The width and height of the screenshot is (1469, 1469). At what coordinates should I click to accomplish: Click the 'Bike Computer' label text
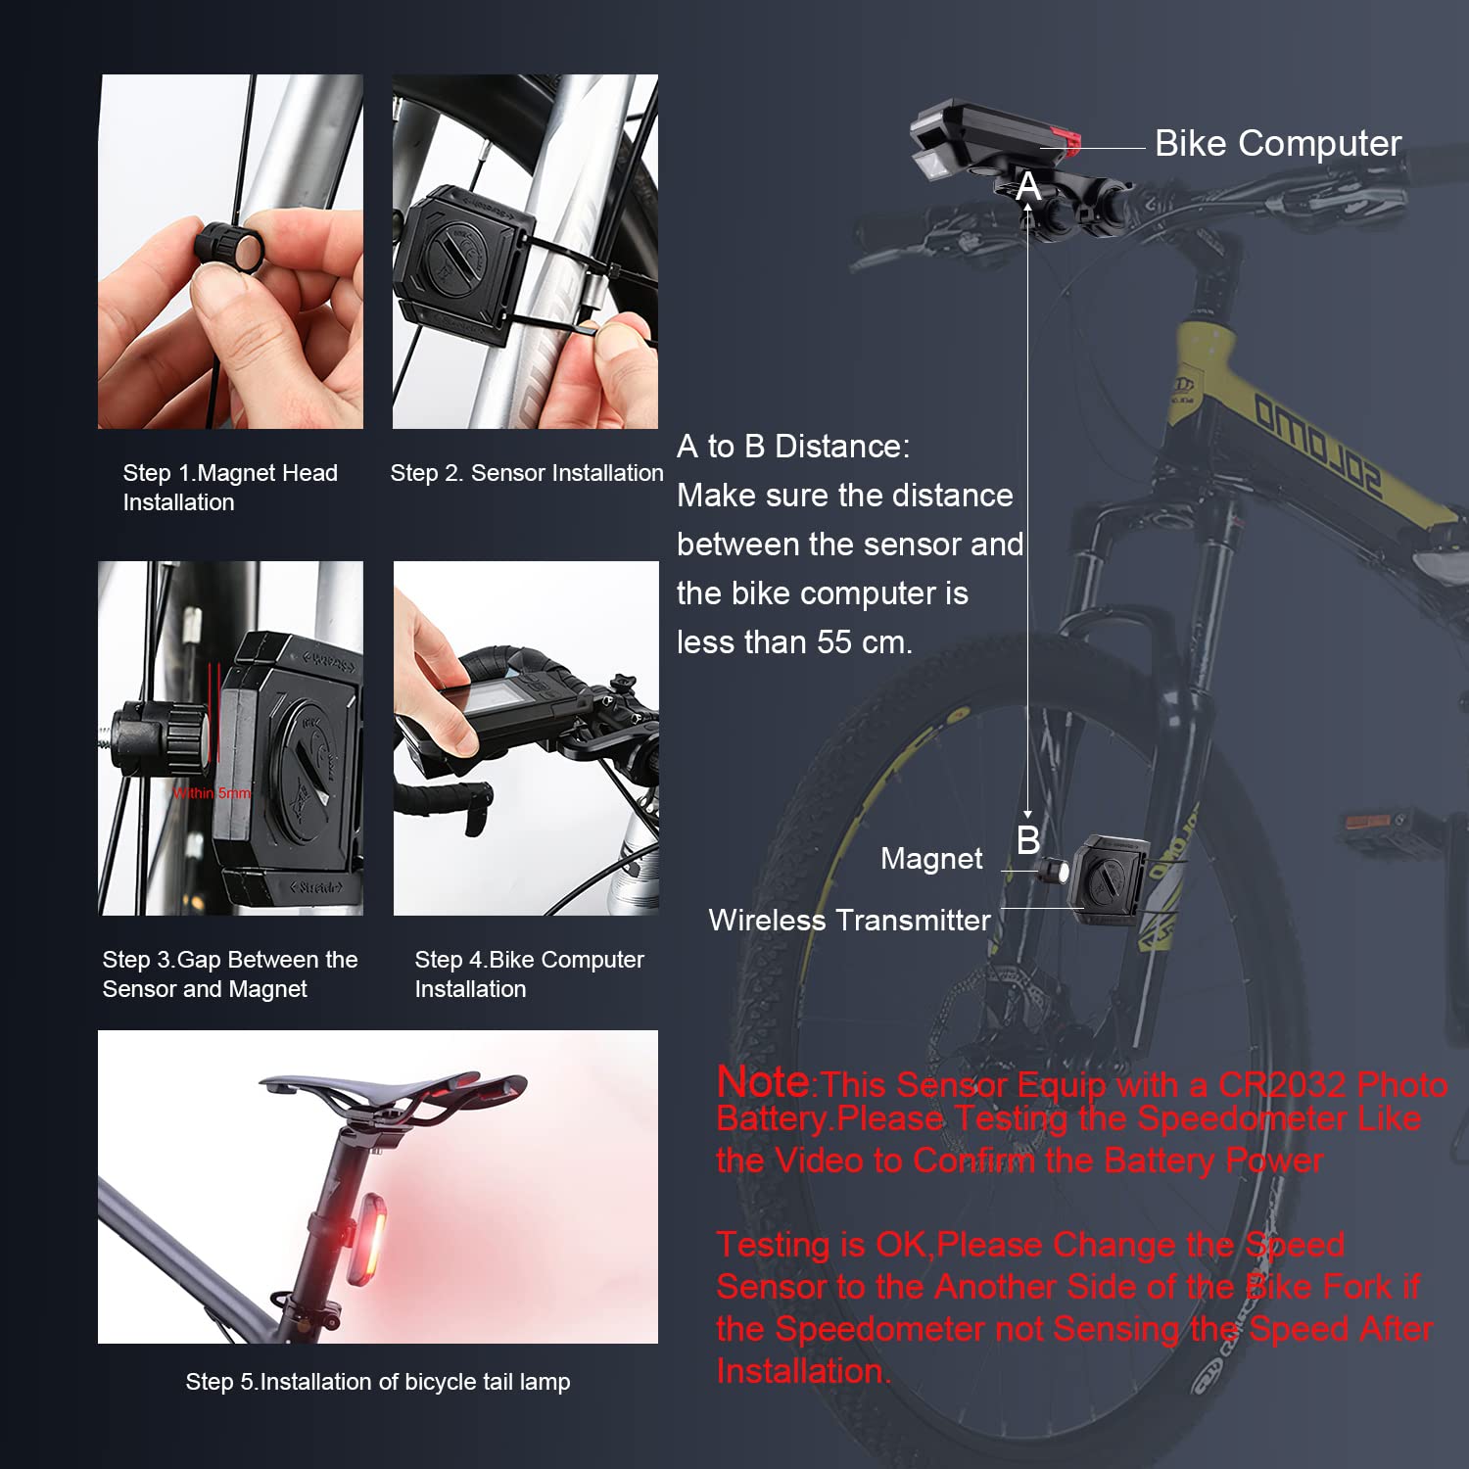(x=1278, y=144)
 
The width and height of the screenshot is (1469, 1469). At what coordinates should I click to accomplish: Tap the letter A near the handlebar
(x=1028, y=186)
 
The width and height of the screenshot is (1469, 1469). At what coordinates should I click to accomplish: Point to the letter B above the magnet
(x=1028, y=840)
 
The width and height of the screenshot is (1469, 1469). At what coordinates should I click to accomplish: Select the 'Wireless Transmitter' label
(x=849, y=921)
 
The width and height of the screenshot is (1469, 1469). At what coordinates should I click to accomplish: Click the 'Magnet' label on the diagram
(x=931, y=859)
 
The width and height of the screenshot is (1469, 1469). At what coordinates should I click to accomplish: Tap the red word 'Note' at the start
(x=764, y=1082)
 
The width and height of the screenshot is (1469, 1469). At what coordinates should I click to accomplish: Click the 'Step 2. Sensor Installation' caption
(x=527, y=473)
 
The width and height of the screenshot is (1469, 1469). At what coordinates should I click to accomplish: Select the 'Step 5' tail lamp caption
(x=378, y=1382)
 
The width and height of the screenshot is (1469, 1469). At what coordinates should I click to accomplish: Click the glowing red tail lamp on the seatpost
(x=367, y=1239)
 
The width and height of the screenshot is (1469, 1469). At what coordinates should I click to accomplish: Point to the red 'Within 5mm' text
(x=212, y=793)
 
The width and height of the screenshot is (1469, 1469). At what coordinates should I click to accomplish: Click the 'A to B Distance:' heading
(x=793, y=447)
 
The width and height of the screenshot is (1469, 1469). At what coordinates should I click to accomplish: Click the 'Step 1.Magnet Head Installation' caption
(x=230, y=488)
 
